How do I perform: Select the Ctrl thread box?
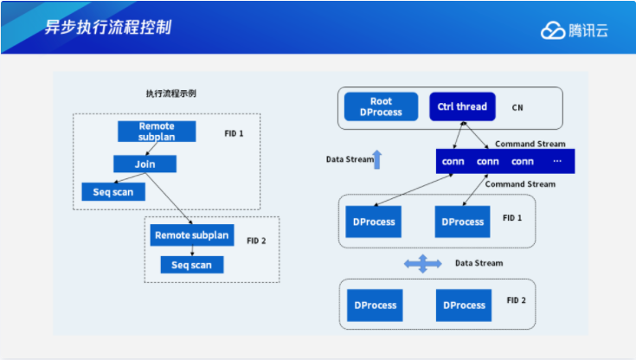pos(462,107)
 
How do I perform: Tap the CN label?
pos(517,108)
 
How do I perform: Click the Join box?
pos(145,164)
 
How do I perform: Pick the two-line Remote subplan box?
pos(156,132)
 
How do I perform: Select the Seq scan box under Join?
pos(112,191)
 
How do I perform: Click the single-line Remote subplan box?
pos(191,235)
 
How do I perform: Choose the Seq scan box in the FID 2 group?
pos(191,264)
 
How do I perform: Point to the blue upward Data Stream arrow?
pos(376,159)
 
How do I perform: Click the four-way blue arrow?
pos(423,263)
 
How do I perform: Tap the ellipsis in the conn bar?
pos(557,161)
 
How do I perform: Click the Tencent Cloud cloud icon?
pos(553,30)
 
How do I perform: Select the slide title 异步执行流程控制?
pos(108,27)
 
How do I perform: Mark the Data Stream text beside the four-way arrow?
pos(479,263)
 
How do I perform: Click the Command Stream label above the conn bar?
pos(530,144)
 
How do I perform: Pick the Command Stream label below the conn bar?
pos(520,183)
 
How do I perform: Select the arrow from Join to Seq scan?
pos(131,177)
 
